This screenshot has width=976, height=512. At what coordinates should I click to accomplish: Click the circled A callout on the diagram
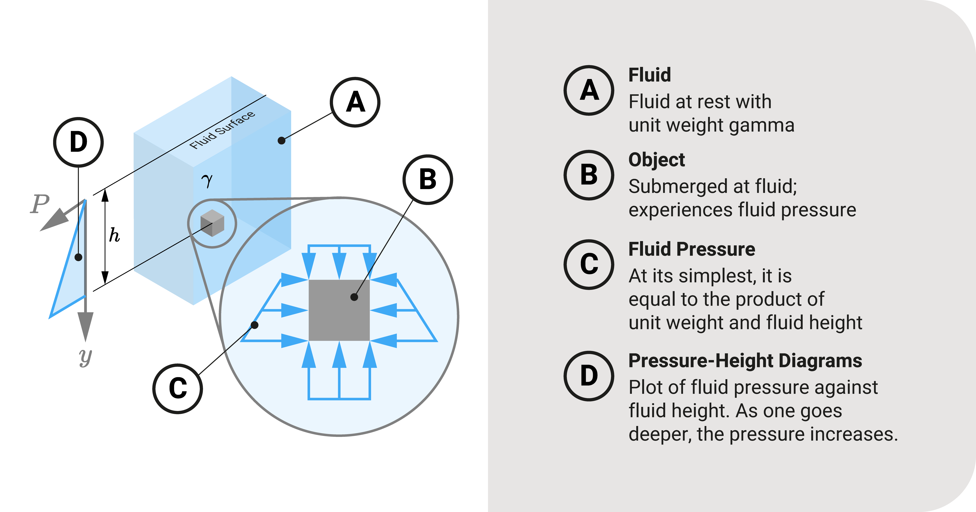tap(355, 102)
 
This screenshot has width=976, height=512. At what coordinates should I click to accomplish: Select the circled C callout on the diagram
tap(178, 389)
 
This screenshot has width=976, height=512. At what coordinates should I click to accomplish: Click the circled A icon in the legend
tap(589, 91)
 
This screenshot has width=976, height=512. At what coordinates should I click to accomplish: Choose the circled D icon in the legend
tap(589, 376)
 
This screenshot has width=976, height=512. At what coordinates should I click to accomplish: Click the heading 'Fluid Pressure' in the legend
tap(691, 249)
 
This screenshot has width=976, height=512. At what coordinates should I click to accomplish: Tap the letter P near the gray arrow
tap(40, 204)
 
